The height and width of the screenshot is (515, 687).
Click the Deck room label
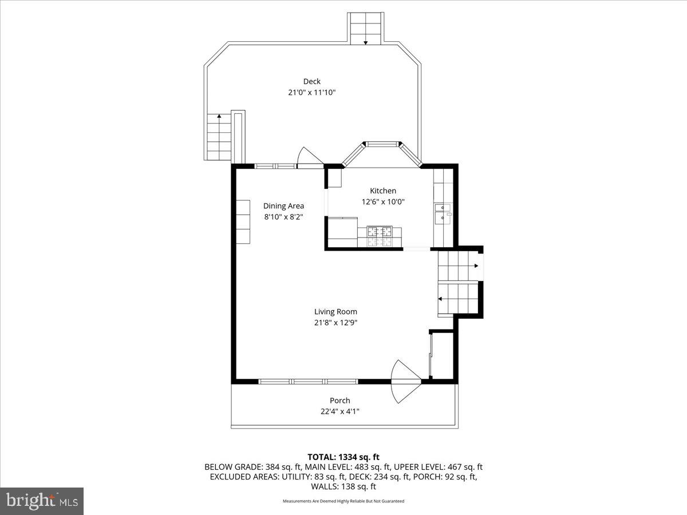point(311,81)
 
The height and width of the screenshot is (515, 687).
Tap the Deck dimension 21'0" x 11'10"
point(311,92)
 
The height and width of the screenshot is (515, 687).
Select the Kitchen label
point(382,191)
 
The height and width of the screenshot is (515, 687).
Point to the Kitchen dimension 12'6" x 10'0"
point(382,201)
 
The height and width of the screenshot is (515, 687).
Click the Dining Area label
point(283,206)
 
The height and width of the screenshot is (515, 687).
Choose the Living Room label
point(335,312)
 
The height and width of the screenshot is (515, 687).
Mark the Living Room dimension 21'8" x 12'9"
point(335,323)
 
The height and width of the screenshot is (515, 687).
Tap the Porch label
point(339,401)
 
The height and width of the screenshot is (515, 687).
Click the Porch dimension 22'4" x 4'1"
point(339,411)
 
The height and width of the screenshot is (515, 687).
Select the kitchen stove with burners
point(380,236)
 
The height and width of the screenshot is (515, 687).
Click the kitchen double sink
point(443,213)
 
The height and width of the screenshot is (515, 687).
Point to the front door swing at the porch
point(405,381)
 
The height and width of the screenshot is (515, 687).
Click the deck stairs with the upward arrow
point(218,137)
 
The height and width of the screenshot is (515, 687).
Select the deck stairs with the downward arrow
point(365,29)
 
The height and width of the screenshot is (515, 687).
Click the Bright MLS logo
point(42,501)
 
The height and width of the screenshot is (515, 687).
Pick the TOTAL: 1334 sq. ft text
point(343,457)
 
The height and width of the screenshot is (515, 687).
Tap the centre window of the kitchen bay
point(381,144)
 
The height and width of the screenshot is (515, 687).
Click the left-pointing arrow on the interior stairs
point(441,299)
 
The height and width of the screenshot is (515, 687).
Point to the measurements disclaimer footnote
point(343,501)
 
